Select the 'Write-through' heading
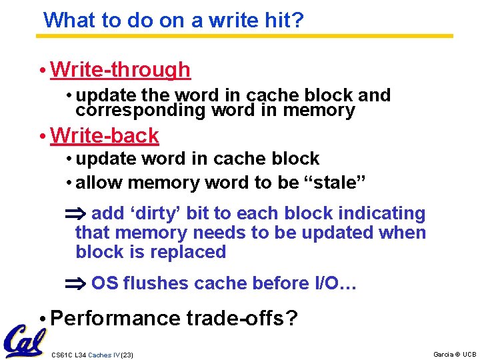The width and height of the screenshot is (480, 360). coord(120,69)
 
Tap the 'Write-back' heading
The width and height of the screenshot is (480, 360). coord(104,135)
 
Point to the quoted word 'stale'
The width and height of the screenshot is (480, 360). coord(330,183)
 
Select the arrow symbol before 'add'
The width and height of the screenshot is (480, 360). coord(72,214)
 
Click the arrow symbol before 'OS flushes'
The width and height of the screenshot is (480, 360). coord(72,284)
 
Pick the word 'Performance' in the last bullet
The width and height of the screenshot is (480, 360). coord(115,319)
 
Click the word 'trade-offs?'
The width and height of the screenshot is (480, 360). coord(241,319)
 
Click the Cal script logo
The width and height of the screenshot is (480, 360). coord(24,340)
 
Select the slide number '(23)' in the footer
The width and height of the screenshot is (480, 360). coord(127,355)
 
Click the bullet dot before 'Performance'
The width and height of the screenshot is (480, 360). coord(42,319)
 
